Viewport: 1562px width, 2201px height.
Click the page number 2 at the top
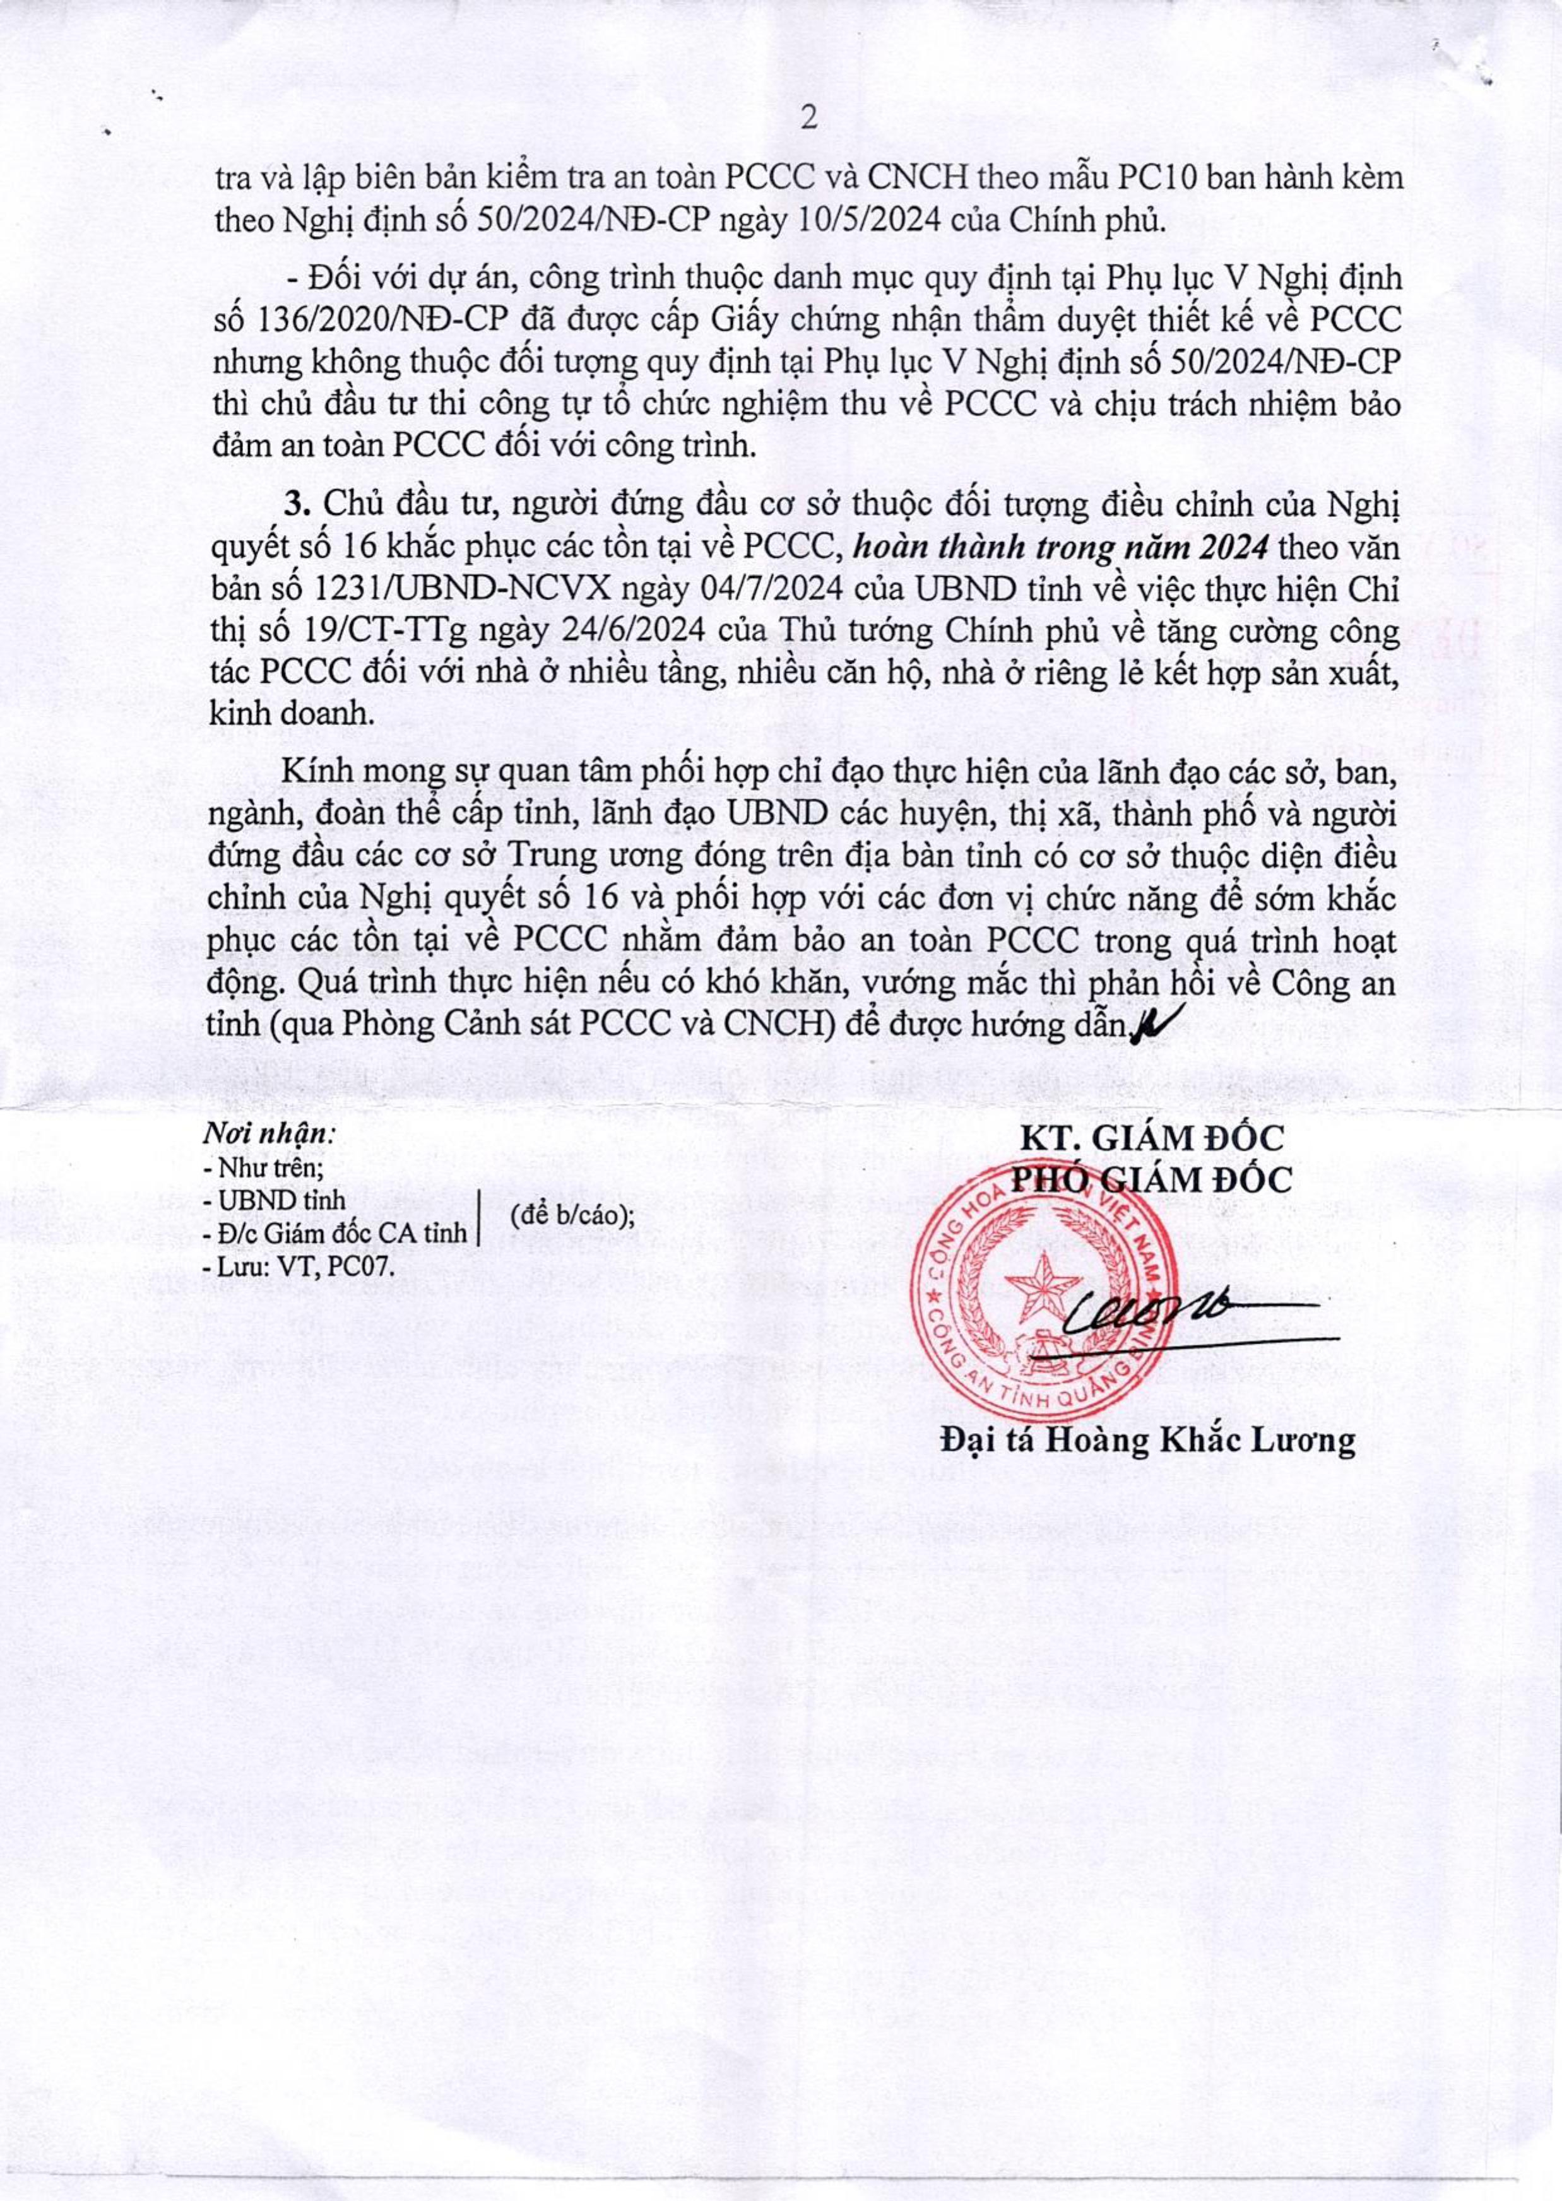point(808,119)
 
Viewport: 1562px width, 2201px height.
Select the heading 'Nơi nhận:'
point(268,1134)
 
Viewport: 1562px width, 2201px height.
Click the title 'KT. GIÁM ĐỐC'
point(1152,1138)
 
